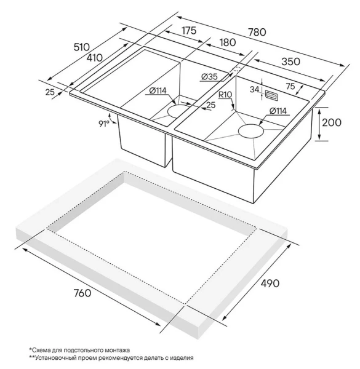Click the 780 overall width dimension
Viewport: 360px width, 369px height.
point(257,32)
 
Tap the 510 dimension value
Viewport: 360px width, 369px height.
point(82,47)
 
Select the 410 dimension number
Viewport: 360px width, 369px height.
point(94,58)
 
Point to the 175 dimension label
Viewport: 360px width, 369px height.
point(189,31)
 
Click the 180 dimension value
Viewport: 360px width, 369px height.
point(228,42)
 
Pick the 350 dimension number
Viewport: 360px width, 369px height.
point(291,61)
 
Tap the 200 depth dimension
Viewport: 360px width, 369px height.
point(332,122)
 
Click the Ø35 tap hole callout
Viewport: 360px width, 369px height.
point(210,77)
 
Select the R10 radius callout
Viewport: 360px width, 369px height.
point(225,95)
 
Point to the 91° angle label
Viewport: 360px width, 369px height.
point(104,124)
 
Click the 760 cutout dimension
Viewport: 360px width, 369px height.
point(82,293)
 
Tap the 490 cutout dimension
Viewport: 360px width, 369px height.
point(270,284)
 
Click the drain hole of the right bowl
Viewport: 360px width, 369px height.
point(251,130)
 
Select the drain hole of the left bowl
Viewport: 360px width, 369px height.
point(178,111)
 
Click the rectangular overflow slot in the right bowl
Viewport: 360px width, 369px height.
point(271,95)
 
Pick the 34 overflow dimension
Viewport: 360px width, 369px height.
point(254,90)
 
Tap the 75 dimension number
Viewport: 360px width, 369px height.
point(290,87)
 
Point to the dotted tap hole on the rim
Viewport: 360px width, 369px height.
point(236,70)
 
